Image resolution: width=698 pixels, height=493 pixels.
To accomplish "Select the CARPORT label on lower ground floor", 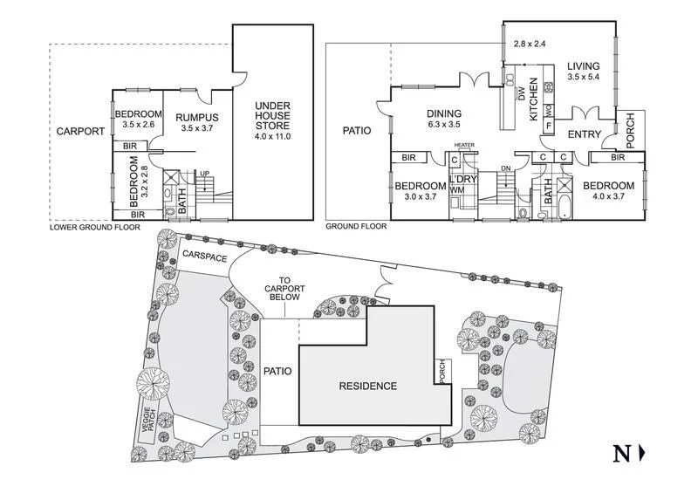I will click(x=80, y=132).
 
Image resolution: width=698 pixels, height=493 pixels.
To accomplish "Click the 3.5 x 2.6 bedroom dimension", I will click(x=138, y=126).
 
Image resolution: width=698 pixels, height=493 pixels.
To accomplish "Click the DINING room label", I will click(x=443, y=113).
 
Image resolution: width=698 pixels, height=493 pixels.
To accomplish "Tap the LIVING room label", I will click(x=585, y=65).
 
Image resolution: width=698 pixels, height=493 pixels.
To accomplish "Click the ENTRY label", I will click(x=585, y=134).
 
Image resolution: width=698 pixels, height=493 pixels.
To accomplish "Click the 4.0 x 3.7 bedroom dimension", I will click(x=609, y=197).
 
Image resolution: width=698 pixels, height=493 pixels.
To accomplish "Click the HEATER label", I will click(x=463, y=146).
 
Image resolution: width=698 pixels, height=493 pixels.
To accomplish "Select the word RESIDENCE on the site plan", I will click(x=367, y=386).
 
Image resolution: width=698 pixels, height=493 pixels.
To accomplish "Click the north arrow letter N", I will click(x=621, y=453).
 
